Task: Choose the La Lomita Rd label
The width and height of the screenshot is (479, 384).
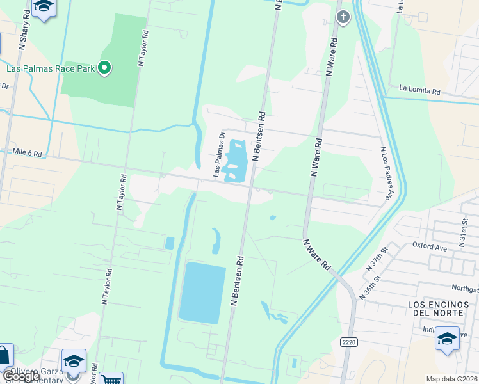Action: [419, 90]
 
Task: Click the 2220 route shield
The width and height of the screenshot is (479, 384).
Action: [349, 342]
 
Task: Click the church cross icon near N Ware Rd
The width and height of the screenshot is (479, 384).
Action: [343, 17]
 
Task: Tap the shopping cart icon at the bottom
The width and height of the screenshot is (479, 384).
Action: [111, 379]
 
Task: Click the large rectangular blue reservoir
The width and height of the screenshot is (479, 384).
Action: [202, 292]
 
